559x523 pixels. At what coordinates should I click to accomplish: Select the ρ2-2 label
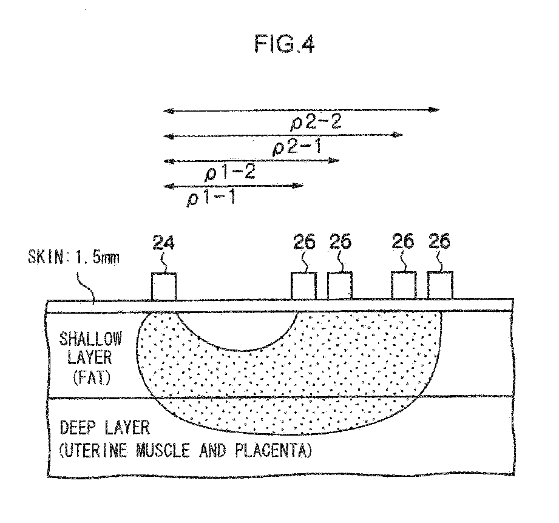[x=316, y=121]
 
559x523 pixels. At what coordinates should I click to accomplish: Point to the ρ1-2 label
[x=231, y=172]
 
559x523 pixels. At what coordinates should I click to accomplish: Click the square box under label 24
[x=164, y=286]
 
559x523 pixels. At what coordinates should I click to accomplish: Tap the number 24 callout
[x=164, y=244]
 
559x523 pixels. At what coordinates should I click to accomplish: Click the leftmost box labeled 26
[x=303, y=285]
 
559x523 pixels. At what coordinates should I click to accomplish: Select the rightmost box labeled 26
[x=440, y=285]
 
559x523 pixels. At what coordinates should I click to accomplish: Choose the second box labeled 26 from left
[x=340, y=285]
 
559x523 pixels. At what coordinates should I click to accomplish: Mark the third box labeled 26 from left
[x=404, y=285]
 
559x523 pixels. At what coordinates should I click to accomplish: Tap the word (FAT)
[x=90, y=379]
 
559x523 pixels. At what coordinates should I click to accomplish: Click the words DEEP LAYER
[x=104, y=428]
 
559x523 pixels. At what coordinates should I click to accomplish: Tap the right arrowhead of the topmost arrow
[x=435, y=110]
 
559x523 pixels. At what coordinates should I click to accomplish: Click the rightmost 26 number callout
[x=439, y=243]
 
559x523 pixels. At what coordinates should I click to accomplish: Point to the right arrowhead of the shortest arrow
[x=299, y=185]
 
